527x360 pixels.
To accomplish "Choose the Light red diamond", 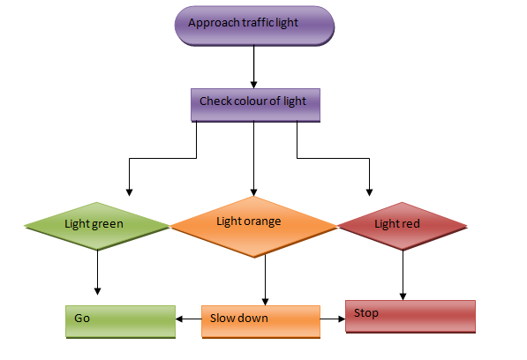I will click(403, 225).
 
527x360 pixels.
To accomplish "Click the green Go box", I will click(121, 321).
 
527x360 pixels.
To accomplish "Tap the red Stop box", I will click(410, 316).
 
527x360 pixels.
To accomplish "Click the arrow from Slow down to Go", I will click(189, 319).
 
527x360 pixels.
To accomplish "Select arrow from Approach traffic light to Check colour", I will click(254, 66).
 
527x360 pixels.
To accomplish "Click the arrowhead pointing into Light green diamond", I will click(130, 191).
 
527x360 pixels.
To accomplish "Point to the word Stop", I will click(366, 313).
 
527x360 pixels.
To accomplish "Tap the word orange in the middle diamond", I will click(262, 221).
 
